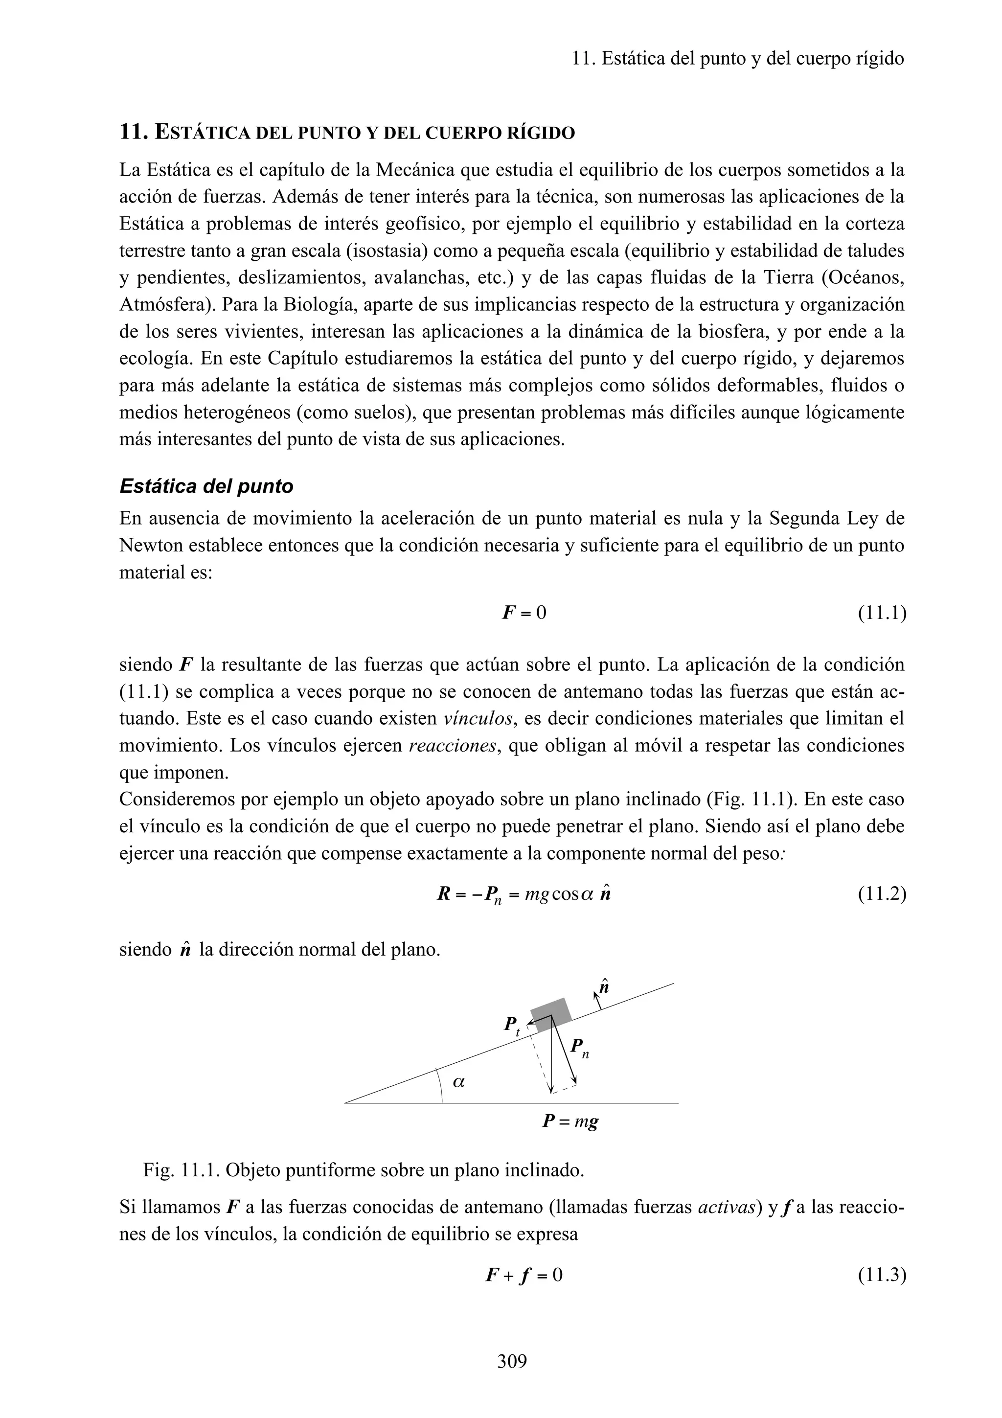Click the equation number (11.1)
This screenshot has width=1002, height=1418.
point(882,613)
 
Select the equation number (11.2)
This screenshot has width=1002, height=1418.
point(882,893)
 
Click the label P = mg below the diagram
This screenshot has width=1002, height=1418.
point(570,1121)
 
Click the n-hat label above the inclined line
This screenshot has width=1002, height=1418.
point(604,987)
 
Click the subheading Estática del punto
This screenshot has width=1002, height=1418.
point(206,487)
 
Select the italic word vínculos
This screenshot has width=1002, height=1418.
point(478,718)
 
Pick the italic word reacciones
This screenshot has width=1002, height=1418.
point(453,745)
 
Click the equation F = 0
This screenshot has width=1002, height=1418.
point(524,613)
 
